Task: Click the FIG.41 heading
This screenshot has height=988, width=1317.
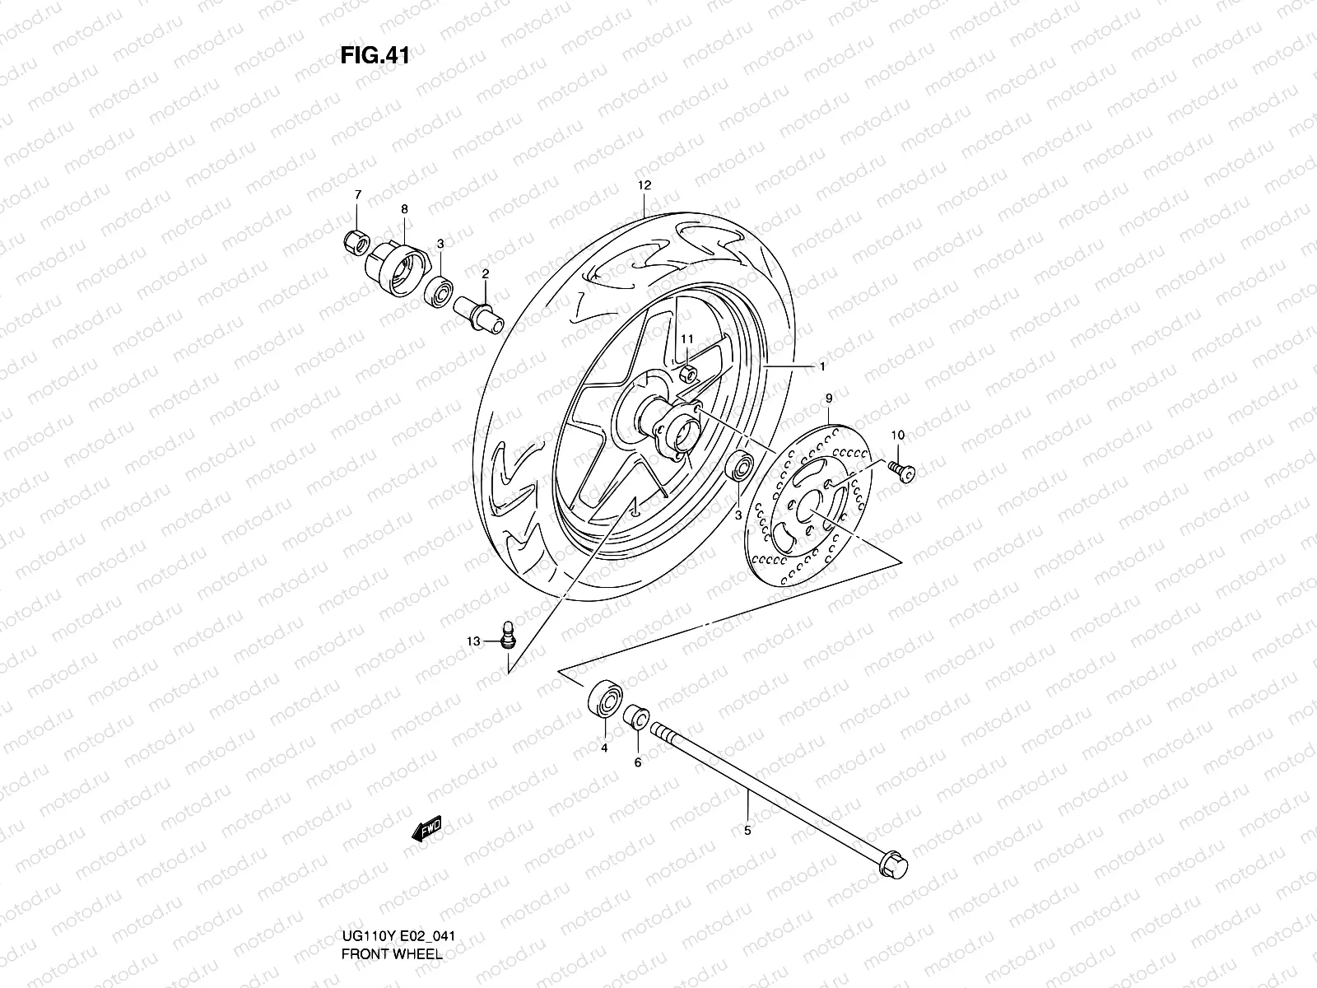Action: coord(375,56)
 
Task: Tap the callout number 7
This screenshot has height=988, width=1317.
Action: coord(357,195)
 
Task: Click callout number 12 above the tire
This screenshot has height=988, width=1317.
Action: coord(644,185)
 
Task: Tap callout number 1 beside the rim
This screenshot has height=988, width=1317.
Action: coord(821,365)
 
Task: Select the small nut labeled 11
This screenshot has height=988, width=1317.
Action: coord(689,375)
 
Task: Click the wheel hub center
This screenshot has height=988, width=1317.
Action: coord(677,425)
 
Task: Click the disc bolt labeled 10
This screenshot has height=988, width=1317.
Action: coord(902,470)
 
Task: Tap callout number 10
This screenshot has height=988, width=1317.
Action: coord(897,435)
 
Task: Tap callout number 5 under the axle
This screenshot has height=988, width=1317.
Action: coord(747,831)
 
